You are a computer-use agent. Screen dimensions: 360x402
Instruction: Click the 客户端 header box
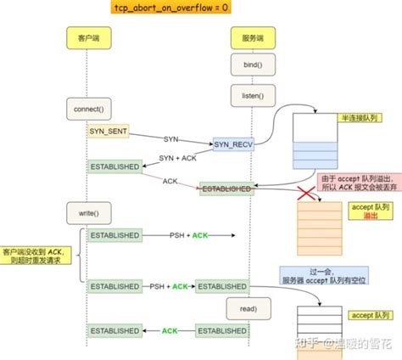click(x=87, y=37)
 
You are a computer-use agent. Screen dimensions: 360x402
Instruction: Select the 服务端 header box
click(x=248, y=37)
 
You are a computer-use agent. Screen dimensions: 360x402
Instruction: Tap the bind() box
click(x=248, y=65)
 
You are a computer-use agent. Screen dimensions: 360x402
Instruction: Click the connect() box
click(x=88, y=109)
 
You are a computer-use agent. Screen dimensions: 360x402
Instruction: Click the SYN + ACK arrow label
click(x=179, y=158)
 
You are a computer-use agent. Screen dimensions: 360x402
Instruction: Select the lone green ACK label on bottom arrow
click(x=170, y=329)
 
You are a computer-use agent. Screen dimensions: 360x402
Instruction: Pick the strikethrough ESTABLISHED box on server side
click(x=225, y=188)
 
